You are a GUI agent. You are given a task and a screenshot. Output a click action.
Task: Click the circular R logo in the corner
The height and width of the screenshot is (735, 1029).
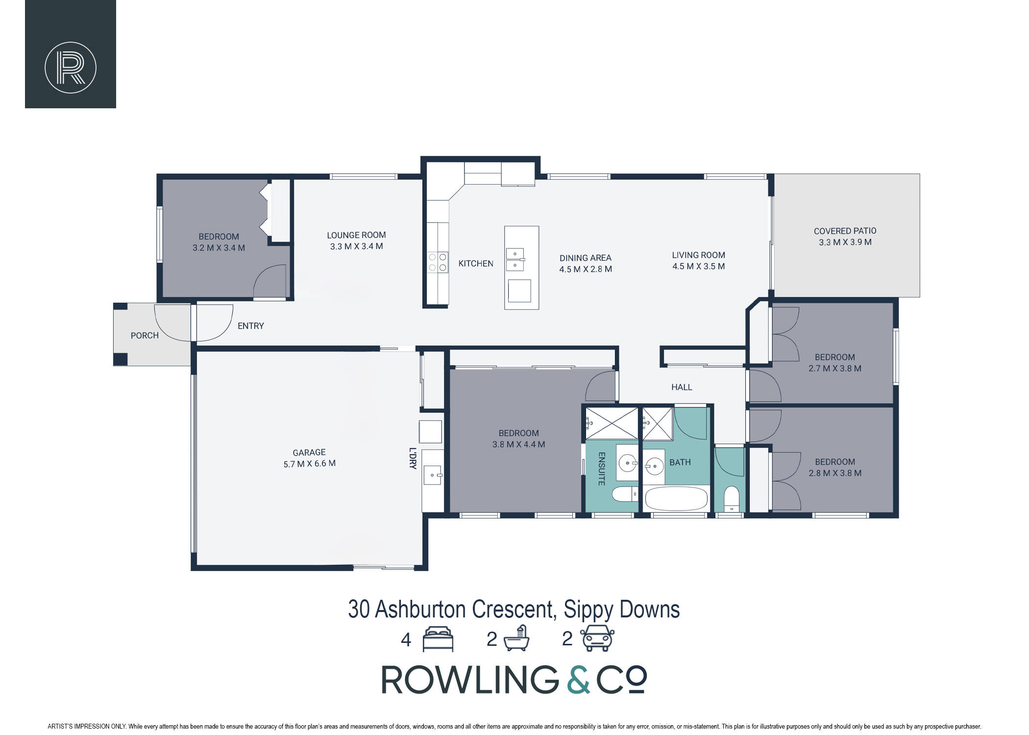(71, 68)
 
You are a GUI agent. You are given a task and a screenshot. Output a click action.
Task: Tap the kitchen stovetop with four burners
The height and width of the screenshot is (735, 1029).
(438, 262)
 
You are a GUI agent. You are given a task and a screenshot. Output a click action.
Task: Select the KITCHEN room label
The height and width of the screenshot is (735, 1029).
(476, 264)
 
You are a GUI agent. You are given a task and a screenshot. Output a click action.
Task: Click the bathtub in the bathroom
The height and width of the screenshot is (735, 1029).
(677, 499)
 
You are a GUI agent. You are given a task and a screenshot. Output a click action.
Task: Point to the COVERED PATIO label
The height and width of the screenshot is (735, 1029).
(845, 231)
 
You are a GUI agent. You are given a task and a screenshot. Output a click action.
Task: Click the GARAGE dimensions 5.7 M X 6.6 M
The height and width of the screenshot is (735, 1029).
(310, 464)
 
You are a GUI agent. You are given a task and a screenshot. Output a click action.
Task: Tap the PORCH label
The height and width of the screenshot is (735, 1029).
(145, 336)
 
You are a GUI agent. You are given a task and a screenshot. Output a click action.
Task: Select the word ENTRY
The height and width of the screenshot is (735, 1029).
(251, 326)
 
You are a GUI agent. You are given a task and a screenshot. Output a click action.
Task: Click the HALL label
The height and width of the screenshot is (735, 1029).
(682, 387)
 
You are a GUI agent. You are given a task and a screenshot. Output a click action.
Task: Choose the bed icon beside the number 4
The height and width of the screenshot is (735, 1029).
(438, 639)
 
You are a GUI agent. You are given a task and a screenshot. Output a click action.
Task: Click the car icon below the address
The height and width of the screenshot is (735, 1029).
(597, 638)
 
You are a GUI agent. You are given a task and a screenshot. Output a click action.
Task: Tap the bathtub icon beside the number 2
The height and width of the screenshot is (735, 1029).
(516, 638)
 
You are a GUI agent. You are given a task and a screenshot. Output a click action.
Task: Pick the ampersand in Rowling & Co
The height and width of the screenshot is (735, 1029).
(579, 680)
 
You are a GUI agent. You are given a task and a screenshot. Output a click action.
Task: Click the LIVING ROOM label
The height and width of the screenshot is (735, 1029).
(699, 255)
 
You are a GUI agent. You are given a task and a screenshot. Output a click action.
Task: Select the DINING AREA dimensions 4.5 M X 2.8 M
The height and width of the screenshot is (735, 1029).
(586, 269)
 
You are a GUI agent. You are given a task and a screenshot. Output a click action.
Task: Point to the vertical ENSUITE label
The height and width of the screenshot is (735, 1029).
(602, 469)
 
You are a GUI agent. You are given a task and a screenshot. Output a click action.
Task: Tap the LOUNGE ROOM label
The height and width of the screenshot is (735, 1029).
(356, 235)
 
